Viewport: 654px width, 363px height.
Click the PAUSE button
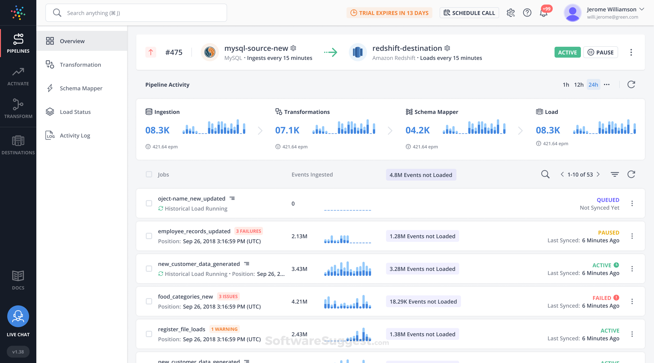point(600,52)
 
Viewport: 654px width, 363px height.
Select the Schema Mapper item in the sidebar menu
point(81,88)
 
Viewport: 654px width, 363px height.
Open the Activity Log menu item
point(75,135)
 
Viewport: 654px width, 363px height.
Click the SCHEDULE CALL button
point(469,13)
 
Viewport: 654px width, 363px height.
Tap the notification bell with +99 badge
point(543,13)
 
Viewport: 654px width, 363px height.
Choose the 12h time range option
point(579,85)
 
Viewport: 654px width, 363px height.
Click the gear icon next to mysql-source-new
point(293,48)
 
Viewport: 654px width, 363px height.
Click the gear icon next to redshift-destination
point(447,48)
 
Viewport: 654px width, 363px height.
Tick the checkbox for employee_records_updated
point(149,236)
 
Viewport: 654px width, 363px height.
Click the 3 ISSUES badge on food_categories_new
point(228,297)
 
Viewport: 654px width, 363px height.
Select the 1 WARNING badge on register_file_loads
point(224,329)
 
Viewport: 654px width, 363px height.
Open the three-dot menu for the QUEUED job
point(632,204)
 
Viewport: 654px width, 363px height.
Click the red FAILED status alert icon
point(616,298)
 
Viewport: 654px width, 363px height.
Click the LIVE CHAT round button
point(18,316)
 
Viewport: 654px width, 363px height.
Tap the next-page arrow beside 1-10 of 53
point(598,174)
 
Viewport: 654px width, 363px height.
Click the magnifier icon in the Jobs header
point(545,174)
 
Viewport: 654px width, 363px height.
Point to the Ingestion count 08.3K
point(157,130)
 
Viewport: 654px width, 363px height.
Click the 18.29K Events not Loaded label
point(423,301)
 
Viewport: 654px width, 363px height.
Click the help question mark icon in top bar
point(527,13)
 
